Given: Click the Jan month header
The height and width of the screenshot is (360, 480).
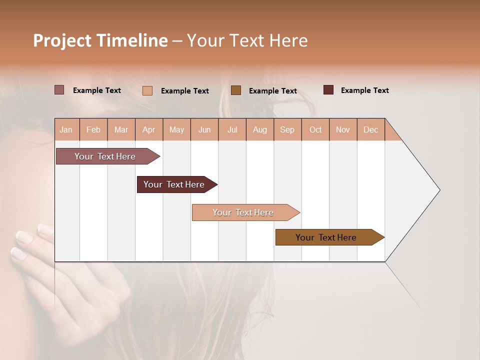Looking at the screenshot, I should [66, 129].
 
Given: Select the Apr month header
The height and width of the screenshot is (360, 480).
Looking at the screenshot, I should [149, 129].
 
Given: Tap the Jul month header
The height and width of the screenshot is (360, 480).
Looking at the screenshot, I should [232, 129].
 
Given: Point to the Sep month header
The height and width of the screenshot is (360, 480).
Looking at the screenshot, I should [287, 129].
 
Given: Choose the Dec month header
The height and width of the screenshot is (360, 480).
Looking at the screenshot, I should [371, 129].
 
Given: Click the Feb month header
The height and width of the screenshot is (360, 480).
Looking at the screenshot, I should [93, 129].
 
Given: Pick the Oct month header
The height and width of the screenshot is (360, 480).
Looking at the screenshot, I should [315, 129].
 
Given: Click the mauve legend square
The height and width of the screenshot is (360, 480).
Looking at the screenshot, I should [59, 90].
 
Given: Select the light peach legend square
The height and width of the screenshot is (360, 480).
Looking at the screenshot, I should [147, 90].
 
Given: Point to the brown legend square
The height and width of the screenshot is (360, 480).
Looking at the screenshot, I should [236, 90].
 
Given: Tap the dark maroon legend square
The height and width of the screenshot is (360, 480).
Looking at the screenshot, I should [328, 90].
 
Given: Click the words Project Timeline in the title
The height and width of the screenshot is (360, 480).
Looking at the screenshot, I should [100, 40].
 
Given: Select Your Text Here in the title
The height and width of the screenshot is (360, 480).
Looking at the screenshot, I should [247, 40].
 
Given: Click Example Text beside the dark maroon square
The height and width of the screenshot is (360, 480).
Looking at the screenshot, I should [364, 90].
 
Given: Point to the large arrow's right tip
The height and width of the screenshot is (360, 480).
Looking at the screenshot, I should [438, 190].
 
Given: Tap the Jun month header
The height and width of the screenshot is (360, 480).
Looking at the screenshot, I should [204, 129].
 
